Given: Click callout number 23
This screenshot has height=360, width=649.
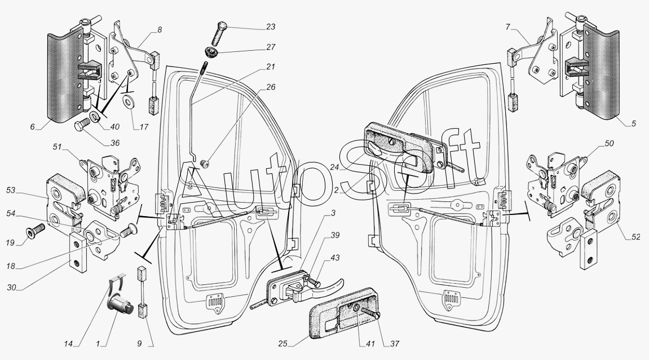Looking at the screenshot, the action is pyautogui.click(x=271, y=27).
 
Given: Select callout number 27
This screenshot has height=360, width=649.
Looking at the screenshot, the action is pyautogui.click(x=271, y=47).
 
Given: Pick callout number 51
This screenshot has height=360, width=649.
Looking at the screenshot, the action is pyautogui.click(x=57, y=147).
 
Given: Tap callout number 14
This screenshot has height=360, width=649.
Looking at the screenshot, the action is pyautogui.click(x=68, y=344).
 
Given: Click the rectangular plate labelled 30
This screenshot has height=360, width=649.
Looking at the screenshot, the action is pyautogui.click(x=78, y=252).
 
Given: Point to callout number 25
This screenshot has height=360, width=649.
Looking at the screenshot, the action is pyautogui.click(x=282, y=344).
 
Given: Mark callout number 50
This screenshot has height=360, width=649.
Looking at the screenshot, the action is pyautogui.click(x=609, y=143).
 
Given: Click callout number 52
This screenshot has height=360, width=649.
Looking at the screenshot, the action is pyautogui.click(x=635, y=237).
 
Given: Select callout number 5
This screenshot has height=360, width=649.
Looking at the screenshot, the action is pyautogui.click(x=633, y=124).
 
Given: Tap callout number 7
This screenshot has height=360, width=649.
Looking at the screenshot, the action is pyautogui.click(x=508, y=27).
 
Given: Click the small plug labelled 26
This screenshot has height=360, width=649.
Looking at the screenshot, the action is pyautogui.click(x=204, y=164).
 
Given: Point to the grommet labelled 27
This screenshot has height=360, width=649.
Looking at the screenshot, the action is pyautogui.click(x=212, y=53).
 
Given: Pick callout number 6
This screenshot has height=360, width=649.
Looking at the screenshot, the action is pyautogui.click(x=32, y=127).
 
